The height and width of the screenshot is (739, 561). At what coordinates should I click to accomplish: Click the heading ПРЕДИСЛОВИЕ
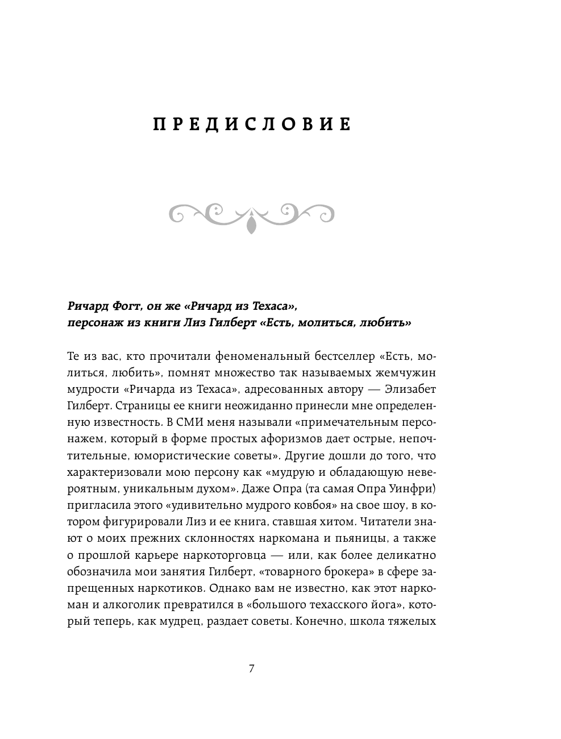(x=252, y=124)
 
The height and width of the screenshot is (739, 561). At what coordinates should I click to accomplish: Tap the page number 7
(x=252, y=669)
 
